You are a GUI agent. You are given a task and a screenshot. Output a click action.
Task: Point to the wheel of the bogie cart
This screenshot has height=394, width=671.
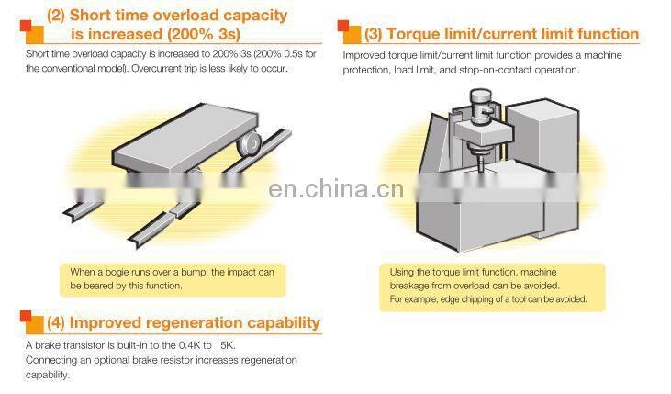click(x=250, y=143)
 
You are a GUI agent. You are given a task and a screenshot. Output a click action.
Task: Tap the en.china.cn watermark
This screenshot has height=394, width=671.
click(x=336, y=190)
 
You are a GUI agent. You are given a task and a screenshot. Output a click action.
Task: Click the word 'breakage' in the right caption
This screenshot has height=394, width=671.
click(x=409, y=286)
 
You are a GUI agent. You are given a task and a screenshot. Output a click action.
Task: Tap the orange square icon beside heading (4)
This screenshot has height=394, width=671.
click(x=31, y=322)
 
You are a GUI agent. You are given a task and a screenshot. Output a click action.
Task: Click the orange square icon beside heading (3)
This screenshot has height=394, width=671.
click(x=349, y=32)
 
